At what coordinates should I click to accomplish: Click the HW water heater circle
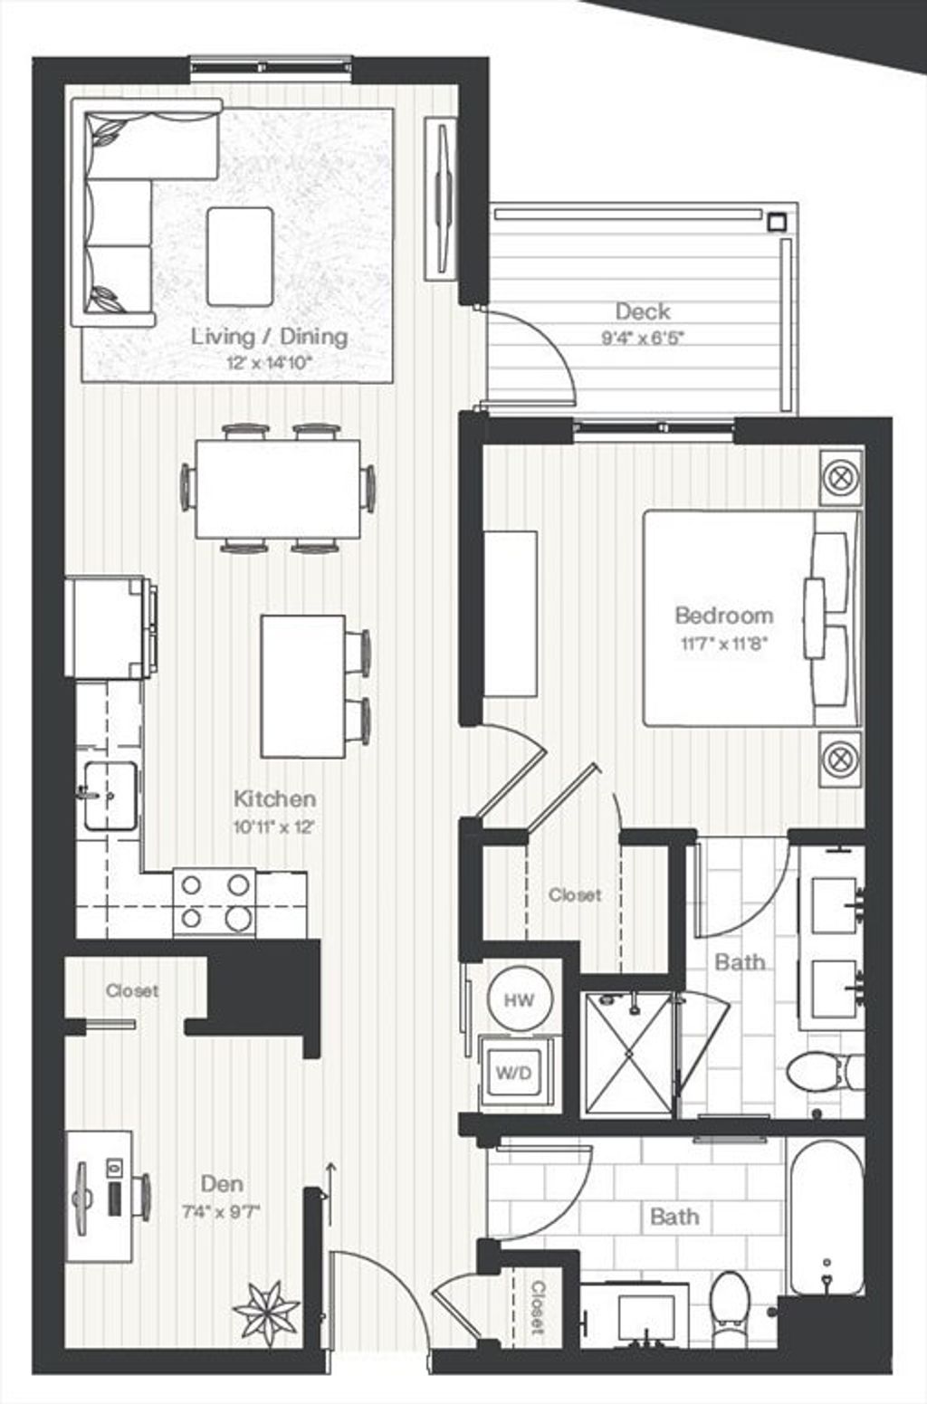tap(520, 999)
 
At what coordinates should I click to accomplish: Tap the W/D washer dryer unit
tap(514, 1073)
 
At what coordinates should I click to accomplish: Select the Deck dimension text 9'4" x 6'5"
tap(643, 338)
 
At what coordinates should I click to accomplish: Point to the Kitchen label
tap(274, 798)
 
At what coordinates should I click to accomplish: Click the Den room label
tap(222, 1184)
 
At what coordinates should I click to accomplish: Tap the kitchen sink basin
tap(110, 796)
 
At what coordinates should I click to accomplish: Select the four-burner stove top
tap(215, 903)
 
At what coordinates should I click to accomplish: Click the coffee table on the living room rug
tap(240, 257)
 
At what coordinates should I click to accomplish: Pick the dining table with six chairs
tap(278, 489)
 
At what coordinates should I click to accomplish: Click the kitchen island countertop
tap(303, 686)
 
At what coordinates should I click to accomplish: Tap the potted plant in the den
tap(266, 1313)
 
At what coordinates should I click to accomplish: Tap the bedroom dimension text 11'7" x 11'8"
tap(724, 644)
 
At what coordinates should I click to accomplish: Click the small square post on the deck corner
tap(778, 221)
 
